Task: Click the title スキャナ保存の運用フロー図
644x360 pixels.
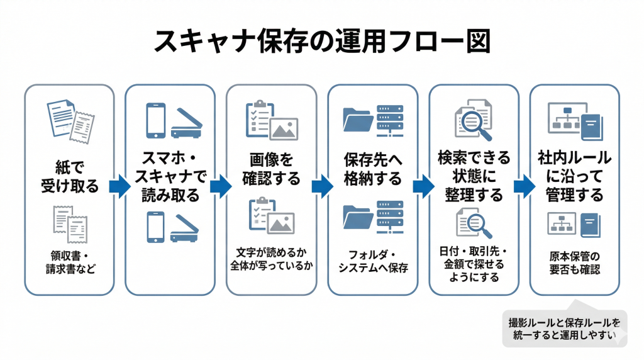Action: click(321, 42)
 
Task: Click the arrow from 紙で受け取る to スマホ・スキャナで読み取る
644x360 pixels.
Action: click(119, 187)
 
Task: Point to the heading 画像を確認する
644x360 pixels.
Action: click(271, 169)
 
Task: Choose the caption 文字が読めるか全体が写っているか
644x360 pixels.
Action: click(271, 259)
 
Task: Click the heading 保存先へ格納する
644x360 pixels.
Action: click(372, 169)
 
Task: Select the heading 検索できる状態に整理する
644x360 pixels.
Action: click(474, 176)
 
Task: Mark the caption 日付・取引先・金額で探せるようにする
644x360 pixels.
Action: click(474, 264)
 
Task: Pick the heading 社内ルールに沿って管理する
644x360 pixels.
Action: click(574, 176)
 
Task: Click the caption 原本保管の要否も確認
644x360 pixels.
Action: click(574, 262)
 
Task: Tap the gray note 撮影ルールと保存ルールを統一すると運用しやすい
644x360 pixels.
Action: click(563, 329)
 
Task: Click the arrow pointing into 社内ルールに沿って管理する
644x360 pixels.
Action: click(524, 187)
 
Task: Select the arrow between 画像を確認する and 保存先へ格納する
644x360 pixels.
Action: click(322, 187)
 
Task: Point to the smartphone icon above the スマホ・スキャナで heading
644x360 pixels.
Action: click(155, 120)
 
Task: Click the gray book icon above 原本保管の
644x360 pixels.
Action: click(589, 225)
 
